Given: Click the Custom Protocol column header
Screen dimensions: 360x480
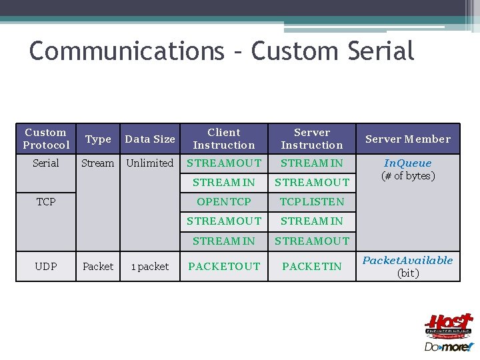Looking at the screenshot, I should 46,139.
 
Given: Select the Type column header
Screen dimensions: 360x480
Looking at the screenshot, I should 98,139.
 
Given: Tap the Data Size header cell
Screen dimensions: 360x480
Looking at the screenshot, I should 150,139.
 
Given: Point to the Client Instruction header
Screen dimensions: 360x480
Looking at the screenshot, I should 224,139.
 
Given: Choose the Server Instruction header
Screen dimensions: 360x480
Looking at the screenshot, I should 312,139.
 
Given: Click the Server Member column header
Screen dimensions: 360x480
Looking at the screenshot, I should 407,139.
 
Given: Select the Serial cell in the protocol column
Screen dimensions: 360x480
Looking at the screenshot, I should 46,163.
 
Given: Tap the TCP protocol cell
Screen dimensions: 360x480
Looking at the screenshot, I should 46,201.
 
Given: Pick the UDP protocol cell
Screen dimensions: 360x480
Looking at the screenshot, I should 46,266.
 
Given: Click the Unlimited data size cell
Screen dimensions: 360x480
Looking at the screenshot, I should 150,163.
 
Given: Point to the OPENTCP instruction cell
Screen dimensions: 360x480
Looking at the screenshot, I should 224,201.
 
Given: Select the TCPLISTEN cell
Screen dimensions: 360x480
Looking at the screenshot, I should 312,201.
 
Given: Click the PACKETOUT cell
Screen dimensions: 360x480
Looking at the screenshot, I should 224,266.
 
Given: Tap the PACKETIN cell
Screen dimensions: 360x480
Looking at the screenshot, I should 312,266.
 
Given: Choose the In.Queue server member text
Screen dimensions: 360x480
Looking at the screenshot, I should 407,163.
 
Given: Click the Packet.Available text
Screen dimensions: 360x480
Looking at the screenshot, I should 407,260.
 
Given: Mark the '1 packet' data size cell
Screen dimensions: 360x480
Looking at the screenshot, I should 150,266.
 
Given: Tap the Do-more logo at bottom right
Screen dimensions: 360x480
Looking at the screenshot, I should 449,347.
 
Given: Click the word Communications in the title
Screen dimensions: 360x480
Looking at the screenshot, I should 127,51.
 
